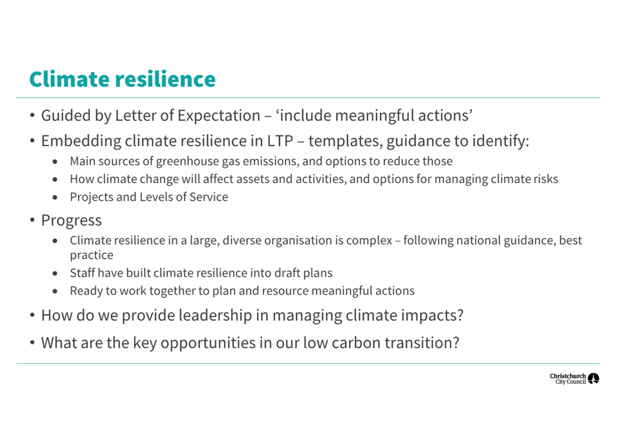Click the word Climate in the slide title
coord(69,79)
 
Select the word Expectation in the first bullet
coord(219,116)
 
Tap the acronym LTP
coord(280,141)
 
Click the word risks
coord(546,179)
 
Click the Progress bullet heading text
coord(71,221)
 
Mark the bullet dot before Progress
coord(32,220)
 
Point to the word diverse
coord(242,241)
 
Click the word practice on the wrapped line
coord(91,255)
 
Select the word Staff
coord(82,273)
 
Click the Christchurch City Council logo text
coord(568,379)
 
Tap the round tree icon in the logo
coord(593,379)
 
